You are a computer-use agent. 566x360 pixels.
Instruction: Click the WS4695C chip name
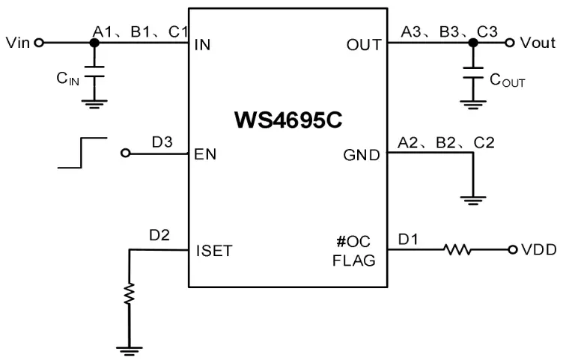click(x=287, y=120)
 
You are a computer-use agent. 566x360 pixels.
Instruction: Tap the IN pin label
click(x=202, y=44)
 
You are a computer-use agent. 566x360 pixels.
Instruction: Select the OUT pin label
click(x=364, y=44)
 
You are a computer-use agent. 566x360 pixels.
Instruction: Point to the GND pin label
click(x=361, y=156)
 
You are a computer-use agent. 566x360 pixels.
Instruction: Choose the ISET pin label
click(x=213, y=251)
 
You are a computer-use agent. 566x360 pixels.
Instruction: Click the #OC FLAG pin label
click(x=354, y=251)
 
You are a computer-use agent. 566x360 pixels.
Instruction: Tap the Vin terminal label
click(x=17, y=43)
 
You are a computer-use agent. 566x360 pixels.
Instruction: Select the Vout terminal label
click(x=538, y=43)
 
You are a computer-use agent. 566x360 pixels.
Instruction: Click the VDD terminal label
click(x=539, y=250)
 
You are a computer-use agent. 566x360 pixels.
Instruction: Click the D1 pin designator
click(x=409, y=239)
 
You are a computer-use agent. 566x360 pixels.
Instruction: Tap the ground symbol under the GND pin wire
click(x=472, y=200)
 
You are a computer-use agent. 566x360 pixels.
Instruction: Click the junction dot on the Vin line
click(x=94, y=43)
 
